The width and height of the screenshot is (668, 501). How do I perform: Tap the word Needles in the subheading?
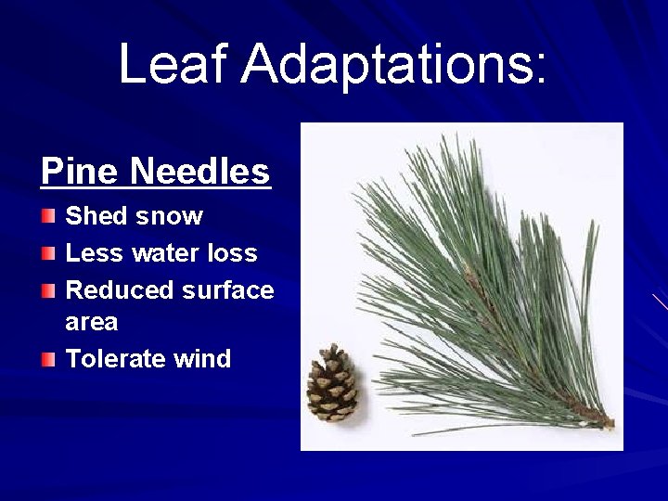(199, 172)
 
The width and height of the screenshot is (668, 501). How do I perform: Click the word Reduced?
(121, 290)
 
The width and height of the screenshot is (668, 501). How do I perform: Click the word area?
(92, 323)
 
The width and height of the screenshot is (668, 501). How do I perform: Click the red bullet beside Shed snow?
(48, 217)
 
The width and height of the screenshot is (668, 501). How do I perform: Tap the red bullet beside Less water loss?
(48, 253)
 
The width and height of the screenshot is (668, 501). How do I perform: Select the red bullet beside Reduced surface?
(48, 290)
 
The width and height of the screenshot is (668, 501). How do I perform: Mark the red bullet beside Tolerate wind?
(48, 359)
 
